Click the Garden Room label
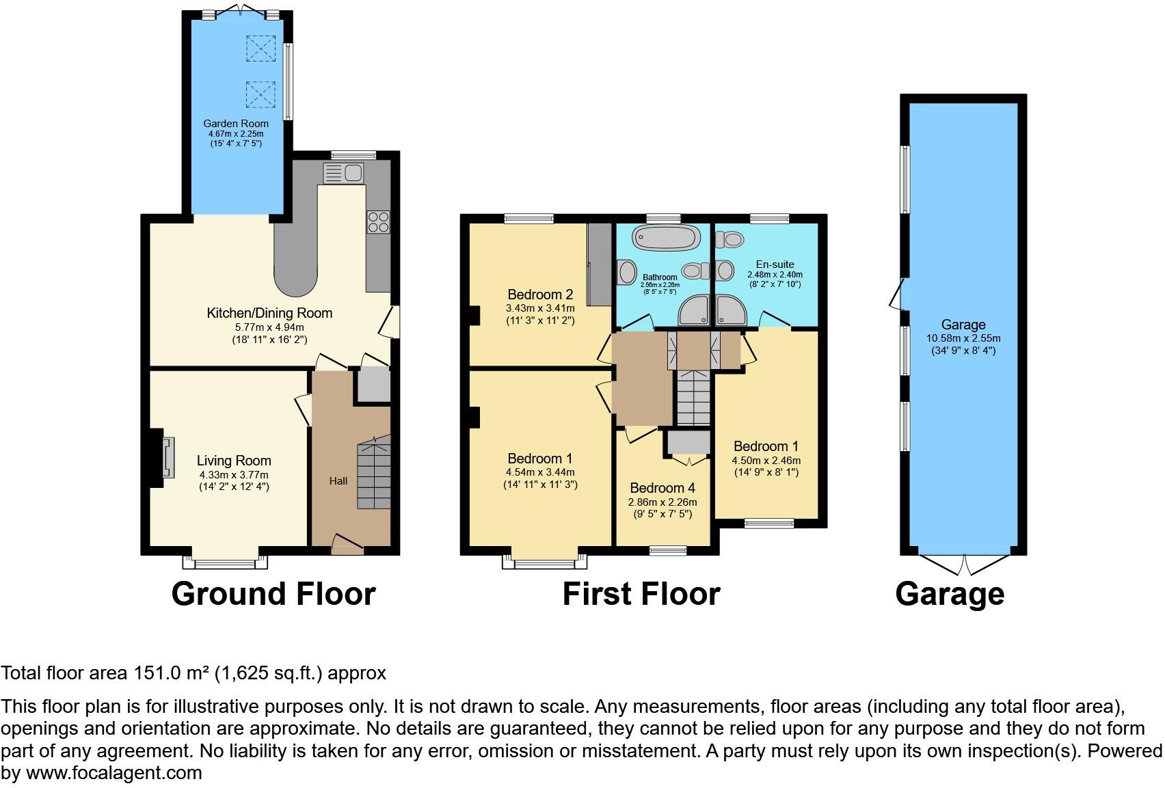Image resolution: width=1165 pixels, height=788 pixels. [x=235, y=124]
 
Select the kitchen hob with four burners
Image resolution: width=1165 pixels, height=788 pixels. [x=378, y=222]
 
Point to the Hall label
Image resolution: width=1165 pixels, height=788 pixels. [x=338, y=481]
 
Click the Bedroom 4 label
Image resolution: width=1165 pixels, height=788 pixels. [x=662, y=488]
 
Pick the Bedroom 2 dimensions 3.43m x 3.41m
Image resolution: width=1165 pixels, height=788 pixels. [x=540, y=308]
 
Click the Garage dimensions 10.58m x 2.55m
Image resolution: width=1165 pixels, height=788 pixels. [x=963, y=338]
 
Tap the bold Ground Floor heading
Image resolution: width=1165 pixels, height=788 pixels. [x=273, y=594]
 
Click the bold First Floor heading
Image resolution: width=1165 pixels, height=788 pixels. [x=641, y=594]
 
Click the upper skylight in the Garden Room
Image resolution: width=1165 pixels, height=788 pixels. [x=260, y=49]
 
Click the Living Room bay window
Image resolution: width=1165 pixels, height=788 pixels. [x=225, y=562]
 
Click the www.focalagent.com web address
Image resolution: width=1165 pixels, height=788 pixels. [x=114, y=773]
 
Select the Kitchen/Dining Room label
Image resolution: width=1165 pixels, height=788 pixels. [x=269, y=313]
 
